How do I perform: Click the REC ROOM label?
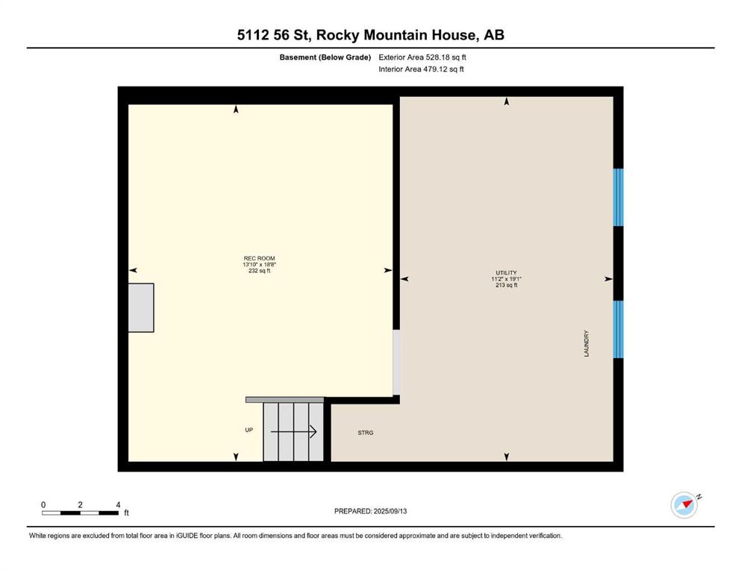pyautogui.click(x=260, y=258)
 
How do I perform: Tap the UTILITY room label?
pyautogui.click(x=506, y=273)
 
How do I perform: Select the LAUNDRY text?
pyautogui.click(x=587, y=343)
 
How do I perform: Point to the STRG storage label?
pyautogui.click(x=366, y=433)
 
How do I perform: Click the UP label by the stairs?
pyautogui.click(x=249, y=430)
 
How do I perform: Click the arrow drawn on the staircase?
pyautogui.click(x=293, y=432)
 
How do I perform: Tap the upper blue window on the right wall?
pyautogui.click(x=618, y=198)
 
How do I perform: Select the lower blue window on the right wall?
pyautogui.click(x=618, y=329)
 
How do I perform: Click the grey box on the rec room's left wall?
pyautogui.click(x=141, y=307)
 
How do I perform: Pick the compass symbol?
pyautogui.click(x=684, y=505)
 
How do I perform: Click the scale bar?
pyautogui.click(x=80, y=513)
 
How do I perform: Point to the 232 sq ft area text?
pyautogui.click(x=260, y=271)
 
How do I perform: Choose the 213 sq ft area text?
pyautogui.click(x=507, y=285)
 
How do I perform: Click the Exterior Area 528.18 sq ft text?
pyautogui.click(x=422, y=57)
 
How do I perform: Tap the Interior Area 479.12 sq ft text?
pyautogui.click(x=421, y=69)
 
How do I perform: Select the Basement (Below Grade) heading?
pyautogui.click(x=325, y=57)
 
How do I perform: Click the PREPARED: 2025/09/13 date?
pyautogui.click(x=370, y=511)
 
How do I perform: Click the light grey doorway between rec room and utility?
pyautogui.click(x=396, y=363)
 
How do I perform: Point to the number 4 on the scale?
pyautogui.click(x=118, y=504)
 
